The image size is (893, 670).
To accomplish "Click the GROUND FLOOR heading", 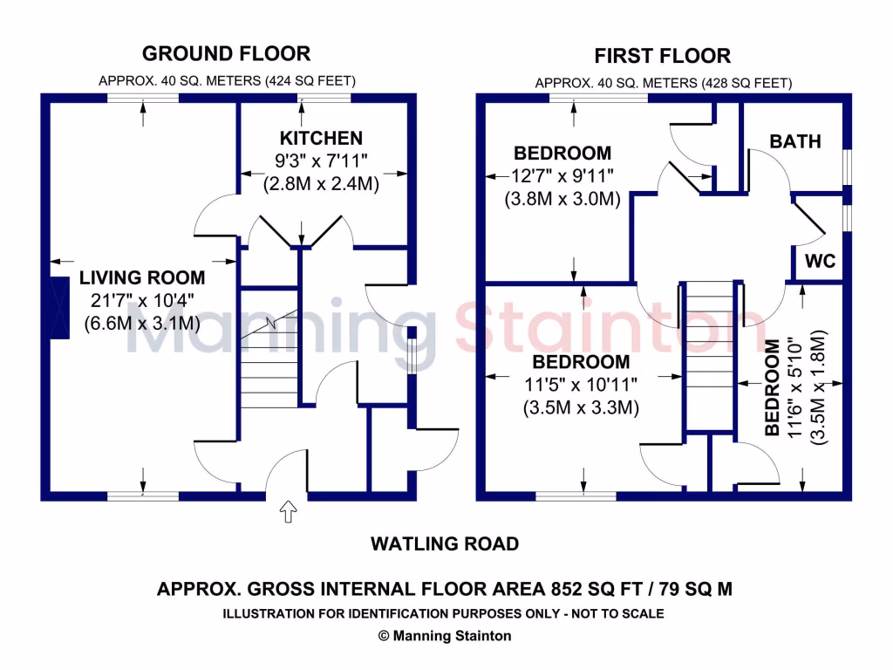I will (226, 53).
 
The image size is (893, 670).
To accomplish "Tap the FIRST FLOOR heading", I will (662, 57).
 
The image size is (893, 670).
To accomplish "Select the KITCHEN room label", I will (320, 138).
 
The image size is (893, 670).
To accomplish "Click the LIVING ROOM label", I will (142, 278).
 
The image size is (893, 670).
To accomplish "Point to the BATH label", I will (795, 140).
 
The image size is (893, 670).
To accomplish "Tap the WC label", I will (821, 262).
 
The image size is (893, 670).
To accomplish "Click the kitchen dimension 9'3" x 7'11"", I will (320, 161).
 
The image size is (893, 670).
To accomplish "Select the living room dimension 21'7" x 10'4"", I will (142, 301).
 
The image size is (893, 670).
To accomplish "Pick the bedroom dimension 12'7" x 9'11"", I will (562, 176).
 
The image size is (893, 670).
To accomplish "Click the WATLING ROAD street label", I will (445, 544).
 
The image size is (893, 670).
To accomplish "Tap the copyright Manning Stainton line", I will (445, 636).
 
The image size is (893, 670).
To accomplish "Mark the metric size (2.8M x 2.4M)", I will (320, 184).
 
